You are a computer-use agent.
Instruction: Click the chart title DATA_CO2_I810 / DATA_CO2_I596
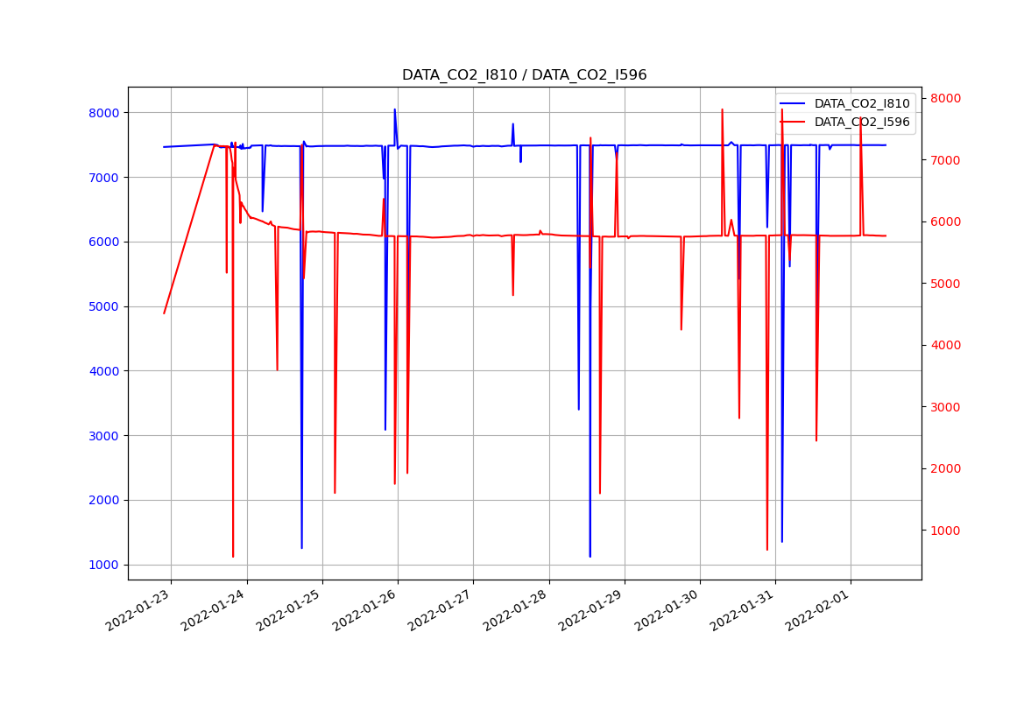[x=524, y=75]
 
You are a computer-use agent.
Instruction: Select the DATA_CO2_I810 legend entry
[x=861, y=103]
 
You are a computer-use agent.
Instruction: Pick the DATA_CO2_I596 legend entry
[x=861, y=123]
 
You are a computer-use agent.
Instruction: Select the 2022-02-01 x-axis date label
[x=820, y=610]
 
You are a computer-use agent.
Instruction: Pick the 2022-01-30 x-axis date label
[x=669, y=610]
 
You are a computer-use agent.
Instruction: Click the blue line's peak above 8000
[x=394, y=109]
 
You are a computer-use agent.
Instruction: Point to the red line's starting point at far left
[x=164, y=313]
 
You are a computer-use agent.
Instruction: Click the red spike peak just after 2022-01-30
[x=722, y=109]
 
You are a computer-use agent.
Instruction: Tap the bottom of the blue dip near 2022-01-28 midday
[x=590, y=556]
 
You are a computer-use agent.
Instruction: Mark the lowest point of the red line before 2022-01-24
[x=233, y=556]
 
